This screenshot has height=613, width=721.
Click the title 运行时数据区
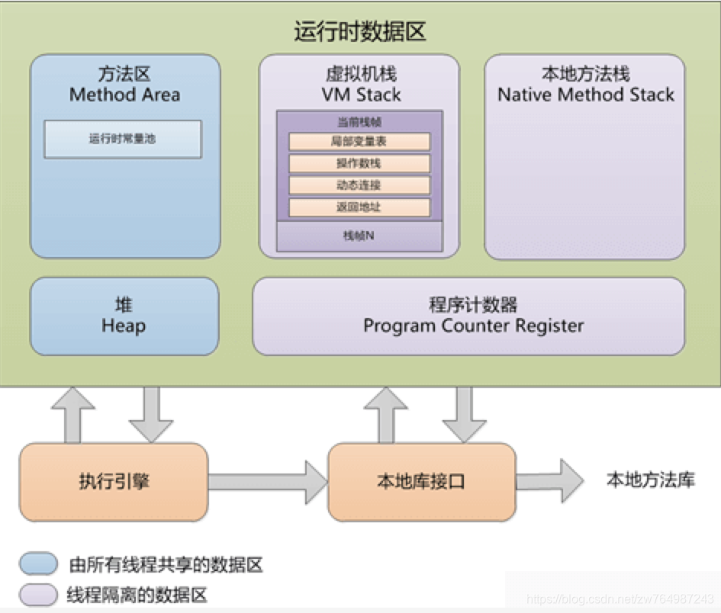pos(359,32)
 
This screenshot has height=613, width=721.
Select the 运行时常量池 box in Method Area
pos(123,140)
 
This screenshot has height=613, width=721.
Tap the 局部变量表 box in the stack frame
pos(359,142)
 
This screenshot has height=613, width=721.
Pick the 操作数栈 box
pos(359,163)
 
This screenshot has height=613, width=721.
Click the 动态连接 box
pos(359,185)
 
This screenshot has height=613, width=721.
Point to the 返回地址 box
pos(359,207)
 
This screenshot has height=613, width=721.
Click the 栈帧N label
pos(359,236)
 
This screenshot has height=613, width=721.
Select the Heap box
pos(124,316)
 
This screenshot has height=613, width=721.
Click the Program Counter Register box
pos(468,316)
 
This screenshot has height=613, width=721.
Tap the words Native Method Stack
pos(585,95)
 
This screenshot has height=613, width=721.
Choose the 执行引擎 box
pos(113,482)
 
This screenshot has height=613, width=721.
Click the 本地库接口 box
pos(421,482)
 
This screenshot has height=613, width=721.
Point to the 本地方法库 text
pos(651,480)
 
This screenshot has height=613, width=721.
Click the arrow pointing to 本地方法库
pos(550,480)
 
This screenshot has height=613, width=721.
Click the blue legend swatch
pos(39,564)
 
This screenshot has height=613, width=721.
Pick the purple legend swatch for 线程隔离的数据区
pos(39,593)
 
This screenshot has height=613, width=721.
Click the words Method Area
pos(124,95)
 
